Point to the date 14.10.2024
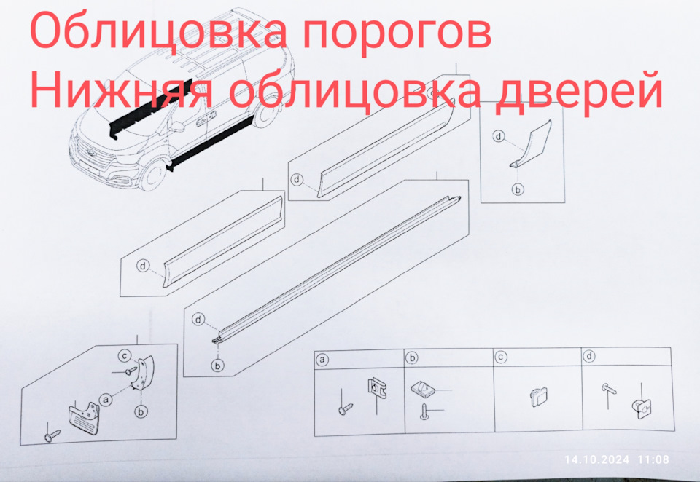(596, 459)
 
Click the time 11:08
(653, 459)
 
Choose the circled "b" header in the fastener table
(412, 357)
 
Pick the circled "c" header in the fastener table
(501, 357)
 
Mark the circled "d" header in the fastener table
(588, 357)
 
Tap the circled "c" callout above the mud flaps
(125, 355)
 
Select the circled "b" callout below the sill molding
(217, 365)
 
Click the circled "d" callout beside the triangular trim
(499, 136)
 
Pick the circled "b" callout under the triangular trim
(518, 189)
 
